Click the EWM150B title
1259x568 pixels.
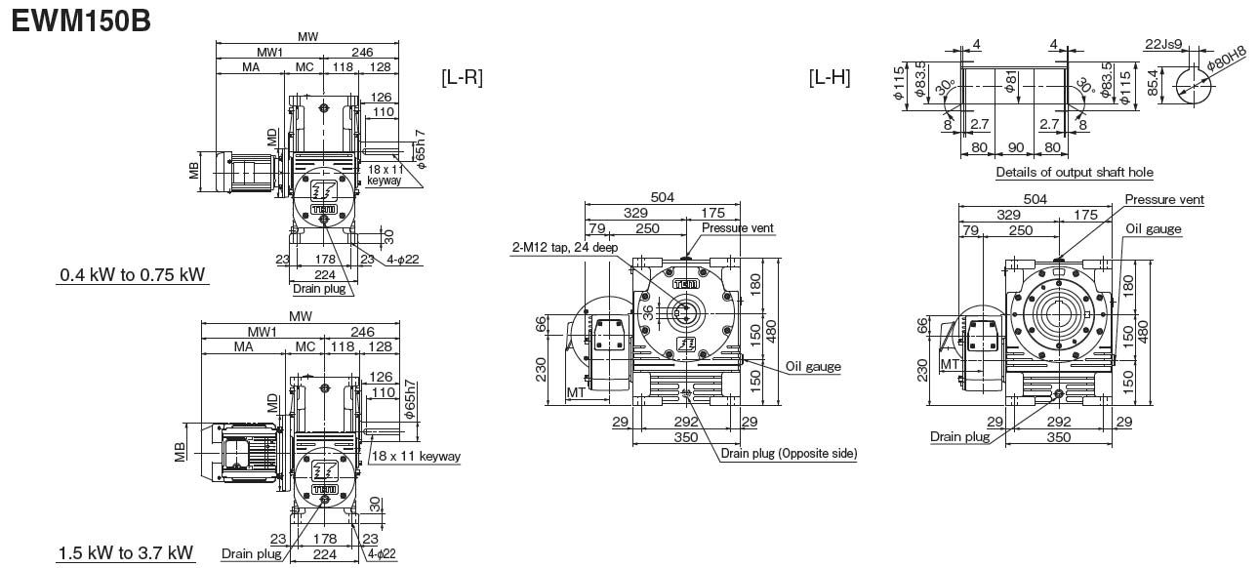pyautogui.click(x=81, y=20)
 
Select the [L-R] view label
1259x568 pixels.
pyautogui.click(x=463, y=77)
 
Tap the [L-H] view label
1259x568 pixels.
pyautogui.click(x=830, y=77)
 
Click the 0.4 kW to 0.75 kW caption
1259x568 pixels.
pyautogui.click(x=133, y=274)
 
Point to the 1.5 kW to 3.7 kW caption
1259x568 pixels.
pyautogui.click(x=126, y=553)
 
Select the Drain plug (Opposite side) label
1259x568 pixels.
pyautogui.click(x=789, y=454)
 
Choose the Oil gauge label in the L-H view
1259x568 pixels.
pyautogui.click(x=1153, y=229)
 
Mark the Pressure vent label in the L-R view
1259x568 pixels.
pyautogui.click(x=737, y=228)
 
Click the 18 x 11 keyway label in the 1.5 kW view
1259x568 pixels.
pyautogui.click(x=416, y=456)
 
